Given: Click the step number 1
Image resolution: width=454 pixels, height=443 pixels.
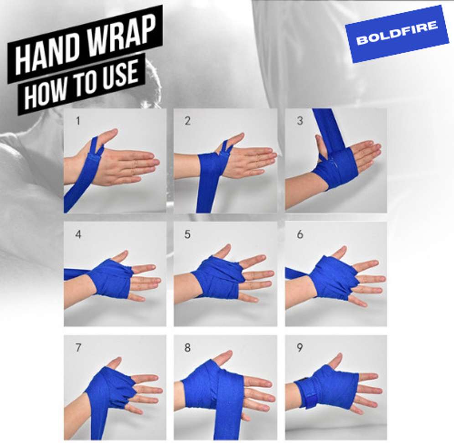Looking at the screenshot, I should [x=78, y=121].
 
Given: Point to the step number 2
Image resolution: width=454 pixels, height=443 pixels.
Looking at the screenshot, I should [x=188, y=121].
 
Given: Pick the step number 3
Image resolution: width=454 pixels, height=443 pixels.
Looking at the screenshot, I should [x=299, y=122].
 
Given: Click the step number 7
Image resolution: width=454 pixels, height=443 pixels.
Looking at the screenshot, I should [x=78, y=348].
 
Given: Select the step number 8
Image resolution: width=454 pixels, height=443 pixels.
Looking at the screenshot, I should [x=188, y=348].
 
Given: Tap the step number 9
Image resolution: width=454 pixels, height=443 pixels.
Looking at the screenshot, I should [x=299, y=348].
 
